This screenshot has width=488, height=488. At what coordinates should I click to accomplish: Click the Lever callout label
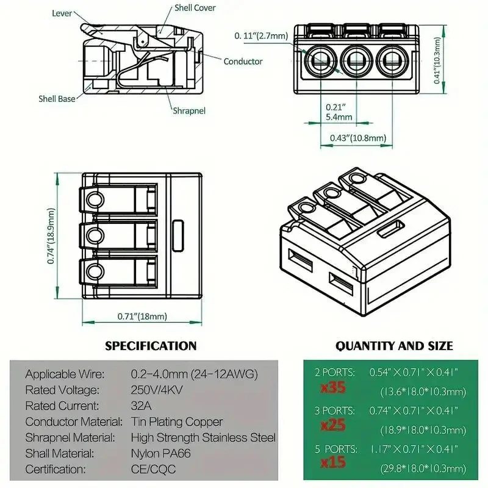pyautogui.click(x=64, y=13)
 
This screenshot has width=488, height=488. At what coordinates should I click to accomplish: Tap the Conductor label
pyautogui.click(x=243, y=62)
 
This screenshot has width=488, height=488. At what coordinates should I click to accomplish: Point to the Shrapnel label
pyautogui.click(x=188, y=111)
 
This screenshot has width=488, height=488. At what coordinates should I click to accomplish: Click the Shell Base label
pyautogui.click(x=57, y=98)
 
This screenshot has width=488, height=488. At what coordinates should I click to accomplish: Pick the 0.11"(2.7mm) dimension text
pyautogui.click(x=262, y=37)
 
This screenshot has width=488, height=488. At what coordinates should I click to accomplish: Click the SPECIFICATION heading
pyautogui.click(x=151, y=346)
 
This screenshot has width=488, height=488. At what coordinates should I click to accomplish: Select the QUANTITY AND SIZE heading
pyautogui.click(x=394, y=346)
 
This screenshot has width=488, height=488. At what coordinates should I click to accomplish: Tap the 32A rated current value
pyautogui.click(x=140, y=406)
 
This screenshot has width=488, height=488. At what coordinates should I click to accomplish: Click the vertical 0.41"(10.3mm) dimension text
pyautogui.click(x=437, y=60)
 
